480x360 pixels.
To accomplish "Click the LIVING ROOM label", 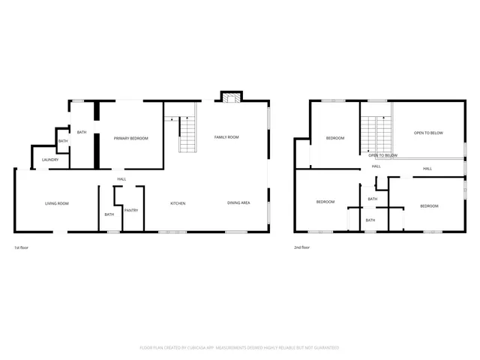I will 57,203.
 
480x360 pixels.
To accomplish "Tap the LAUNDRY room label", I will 50,160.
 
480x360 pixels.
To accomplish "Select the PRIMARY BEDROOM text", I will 130,138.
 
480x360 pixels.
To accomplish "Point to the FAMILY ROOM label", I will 226,137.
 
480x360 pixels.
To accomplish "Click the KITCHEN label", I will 178,203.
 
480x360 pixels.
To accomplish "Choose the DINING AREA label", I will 238,203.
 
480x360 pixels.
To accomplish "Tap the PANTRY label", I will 130,211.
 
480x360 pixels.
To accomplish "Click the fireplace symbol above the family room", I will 230,96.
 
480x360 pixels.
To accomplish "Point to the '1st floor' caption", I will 22,247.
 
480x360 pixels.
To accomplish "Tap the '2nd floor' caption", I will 302,247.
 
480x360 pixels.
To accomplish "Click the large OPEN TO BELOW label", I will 428,133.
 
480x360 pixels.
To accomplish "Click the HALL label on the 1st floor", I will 121,178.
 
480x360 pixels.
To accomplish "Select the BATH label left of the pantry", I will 109,214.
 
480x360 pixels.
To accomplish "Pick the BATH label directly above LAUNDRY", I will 63,141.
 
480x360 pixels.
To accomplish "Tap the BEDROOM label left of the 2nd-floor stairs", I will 334,138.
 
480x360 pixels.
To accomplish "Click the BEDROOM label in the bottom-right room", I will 428,205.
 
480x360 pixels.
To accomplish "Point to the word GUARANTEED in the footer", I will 324,347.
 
